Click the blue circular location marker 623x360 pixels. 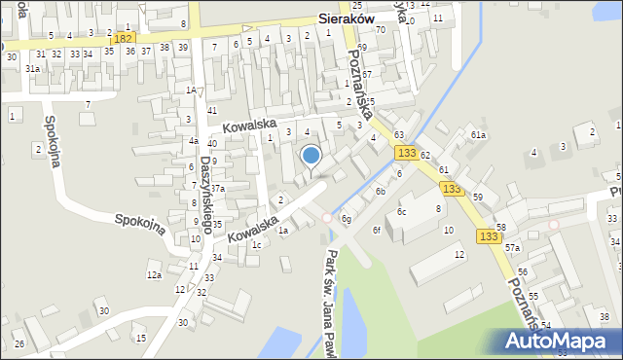pyautogui.click(x=311, y=155)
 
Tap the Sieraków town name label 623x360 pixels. pyautogui.click(x=355, y=18)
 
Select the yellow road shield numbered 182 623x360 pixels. pyautogui.click(x=124, y=38)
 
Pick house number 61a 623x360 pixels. pyautogui.click(x=478, y=135)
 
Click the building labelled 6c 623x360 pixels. pyautogui.click(x=401, y=211)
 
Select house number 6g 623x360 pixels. pyautogui.click(x=346, y=219)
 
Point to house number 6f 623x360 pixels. pyautogui.click(x=376, y=230)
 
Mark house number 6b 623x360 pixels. pyautogui.click(x=381, y=192)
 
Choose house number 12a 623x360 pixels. pyautogui.click(x=154, y=275)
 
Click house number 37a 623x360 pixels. pyautogui.click(x=218, y=189)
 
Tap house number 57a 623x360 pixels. pyautogui.click(x=512, y=248)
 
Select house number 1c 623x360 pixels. pyautogui.click(x=256, y=244)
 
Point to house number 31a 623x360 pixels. pyautogui.click(x=32, y=68)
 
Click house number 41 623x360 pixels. pyautogui.click(x=212, y=111)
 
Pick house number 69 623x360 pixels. pyautogui.click(x=362, y=47)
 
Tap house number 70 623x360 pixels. pyautogui.click(x=381, y=29)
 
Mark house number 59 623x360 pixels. pyautogui.click(x=478, y=197)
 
